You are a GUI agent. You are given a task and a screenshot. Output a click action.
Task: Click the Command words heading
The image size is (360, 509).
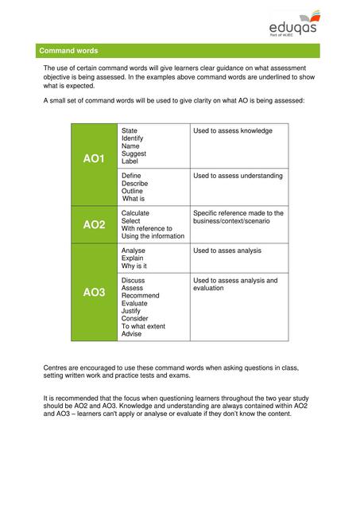pos(68,50)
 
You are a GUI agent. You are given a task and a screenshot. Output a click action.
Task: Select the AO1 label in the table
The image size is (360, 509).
pos(94,159)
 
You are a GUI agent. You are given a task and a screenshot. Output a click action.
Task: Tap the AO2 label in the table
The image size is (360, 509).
pos(94,225)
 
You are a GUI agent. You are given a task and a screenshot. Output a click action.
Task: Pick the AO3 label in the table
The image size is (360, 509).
pos(94,293)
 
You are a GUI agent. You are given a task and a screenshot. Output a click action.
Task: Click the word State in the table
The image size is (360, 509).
pos(130,130)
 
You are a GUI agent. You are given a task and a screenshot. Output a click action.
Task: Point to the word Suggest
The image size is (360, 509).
pos(134,153)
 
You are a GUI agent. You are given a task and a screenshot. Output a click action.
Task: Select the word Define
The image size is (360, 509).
pos(133,176)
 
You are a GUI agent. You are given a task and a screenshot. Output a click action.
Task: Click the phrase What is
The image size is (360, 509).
pos(134,199)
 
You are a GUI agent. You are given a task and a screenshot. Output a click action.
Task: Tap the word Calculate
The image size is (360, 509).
pos(136,213)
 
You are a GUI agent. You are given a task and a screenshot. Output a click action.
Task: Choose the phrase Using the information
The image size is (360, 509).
pos(153,236)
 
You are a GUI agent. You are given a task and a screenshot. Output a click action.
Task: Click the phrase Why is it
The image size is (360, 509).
pos(134,266)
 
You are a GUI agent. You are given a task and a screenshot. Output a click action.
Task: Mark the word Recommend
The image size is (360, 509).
pos(141,296)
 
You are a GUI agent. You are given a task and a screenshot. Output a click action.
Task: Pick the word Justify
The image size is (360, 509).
pos(133,311)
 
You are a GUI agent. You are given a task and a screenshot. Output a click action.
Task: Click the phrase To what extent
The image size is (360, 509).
pos(144,326)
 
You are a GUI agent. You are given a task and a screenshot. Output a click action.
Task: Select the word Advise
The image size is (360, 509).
pos(132,334)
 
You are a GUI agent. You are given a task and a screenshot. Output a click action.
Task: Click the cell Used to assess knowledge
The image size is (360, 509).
pos(233,130)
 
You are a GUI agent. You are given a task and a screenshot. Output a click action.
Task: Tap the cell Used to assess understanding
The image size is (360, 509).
pos(238,176)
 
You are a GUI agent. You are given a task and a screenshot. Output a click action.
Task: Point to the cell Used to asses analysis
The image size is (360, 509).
pos(227,251)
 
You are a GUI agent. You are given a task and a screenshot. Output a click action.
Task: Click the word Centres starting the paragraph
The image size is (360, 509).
pos(57,367)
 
